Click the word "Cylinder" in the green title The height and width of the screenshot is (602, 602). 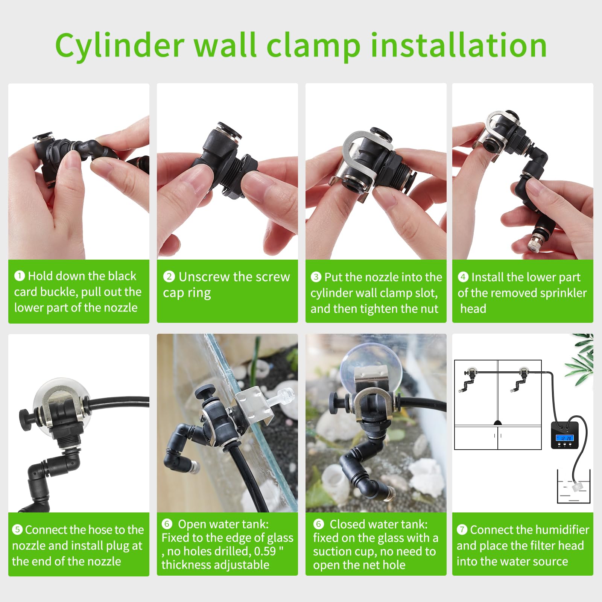120,45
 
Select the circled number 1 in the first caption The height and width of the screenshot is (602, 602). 19,276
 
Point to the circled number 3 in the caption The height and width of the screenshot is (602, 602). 316,277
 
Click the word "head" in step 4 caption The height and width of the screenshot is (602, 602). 473,309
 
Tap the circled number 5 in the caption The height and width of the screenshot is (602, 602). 17,530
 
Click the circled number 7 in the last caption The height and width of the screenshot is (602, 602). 462,530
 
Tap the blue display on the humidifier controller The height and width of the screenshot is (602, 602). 566,438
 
